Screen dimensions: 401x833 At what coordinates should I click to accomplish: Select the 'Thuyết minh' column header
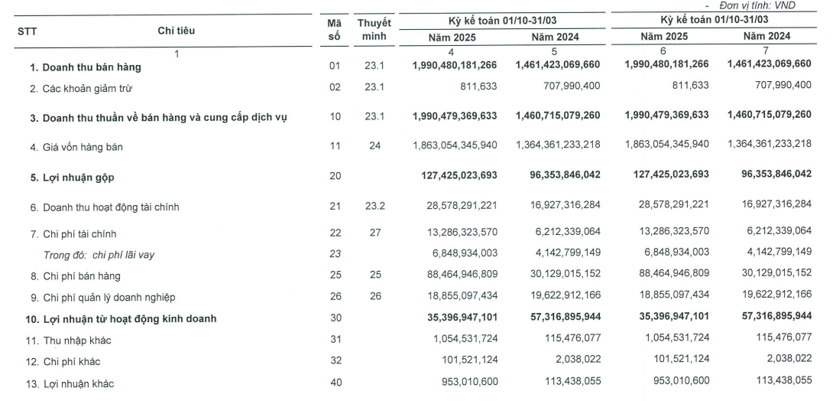374,30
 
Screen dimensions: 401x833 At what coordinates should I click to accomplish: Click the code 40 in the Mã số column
334,383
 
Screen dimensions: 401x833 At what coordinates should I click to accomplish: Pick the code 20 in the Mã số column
334,175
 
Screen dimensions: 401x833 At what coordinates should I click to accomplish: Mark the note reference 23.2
374,206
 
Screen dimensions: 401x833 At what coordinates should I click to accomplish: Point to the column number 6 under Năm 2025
663,51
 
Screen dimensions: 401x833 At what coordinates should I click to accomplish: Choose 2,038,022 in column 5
573,361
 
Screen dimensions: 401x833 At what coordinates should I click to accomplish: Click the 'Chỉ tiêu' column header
177,31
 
